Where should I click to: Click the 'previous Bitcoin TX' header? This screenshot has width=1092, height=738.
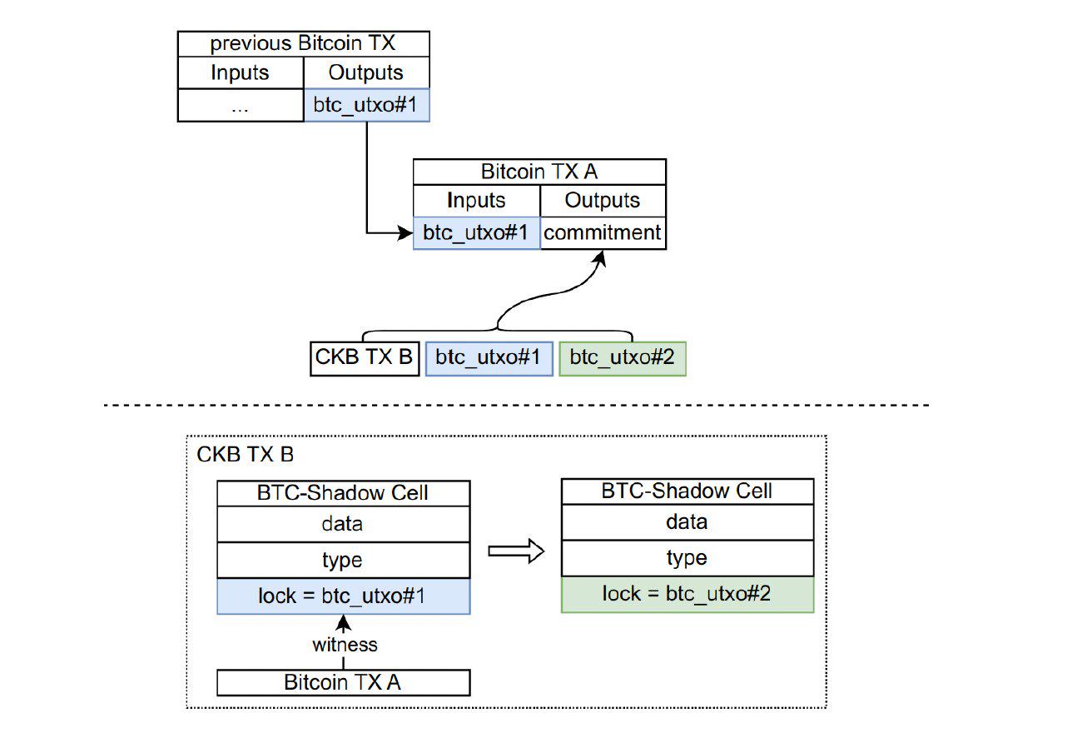click(x=303, y=44)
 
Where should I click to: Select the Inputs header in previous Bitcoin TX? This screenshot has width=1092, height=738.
click(x=241, y=72)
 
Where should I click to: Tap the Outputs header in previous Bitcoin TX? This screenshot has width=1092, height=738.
click(x=366, y=72)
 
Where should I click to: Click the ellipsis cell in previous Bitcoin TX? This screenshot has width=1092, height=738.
click(x=241, y=106)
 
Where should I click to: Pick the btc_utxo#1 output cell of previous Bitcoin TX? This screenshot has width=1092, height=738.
click(x=366, y=106)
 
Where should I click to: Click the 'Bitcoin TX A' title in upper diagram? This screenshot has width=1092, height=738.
click(x=539, y=172)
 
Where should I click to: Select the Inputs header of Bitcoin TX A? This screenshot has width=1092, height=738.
click(x=476, y=201)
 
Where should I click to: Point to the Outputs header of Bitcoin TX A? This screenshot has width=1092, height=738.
click(x=603, y=201)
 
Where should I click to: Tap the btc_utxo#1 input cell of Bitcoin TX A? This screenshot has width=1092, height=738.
click(x=476, y=233)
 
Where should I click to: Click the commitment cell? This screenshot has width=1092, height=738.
click(x=603, y=233)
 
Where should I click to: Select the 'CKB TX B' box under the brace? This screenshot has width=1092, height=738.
click(x=364, y=358)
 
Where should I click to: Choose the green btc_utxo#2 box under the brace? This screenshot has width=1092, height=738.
click(x=622, y=358)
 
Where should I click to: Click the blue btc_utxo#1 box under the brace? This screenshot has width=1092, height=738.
click(x=489, y=358)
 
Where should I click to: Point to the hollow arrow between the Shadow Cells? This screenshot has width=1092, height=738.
click(x=515, y=551)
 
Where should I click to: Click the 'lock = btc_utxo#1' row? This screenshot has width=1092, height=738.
click(x=343, y=596)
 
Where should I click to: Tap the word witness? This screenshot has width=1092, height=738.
click(x=344, y=645)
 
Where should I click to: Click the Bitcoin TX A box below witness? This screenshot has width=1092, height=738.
click(x=343, y=682)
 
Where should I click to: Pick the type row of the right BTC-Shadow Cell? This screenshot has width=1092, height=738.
click(x=687, y=558)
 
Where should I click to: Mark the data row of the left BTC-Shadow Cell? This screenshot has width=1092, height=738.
click(x=343, y=524)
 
